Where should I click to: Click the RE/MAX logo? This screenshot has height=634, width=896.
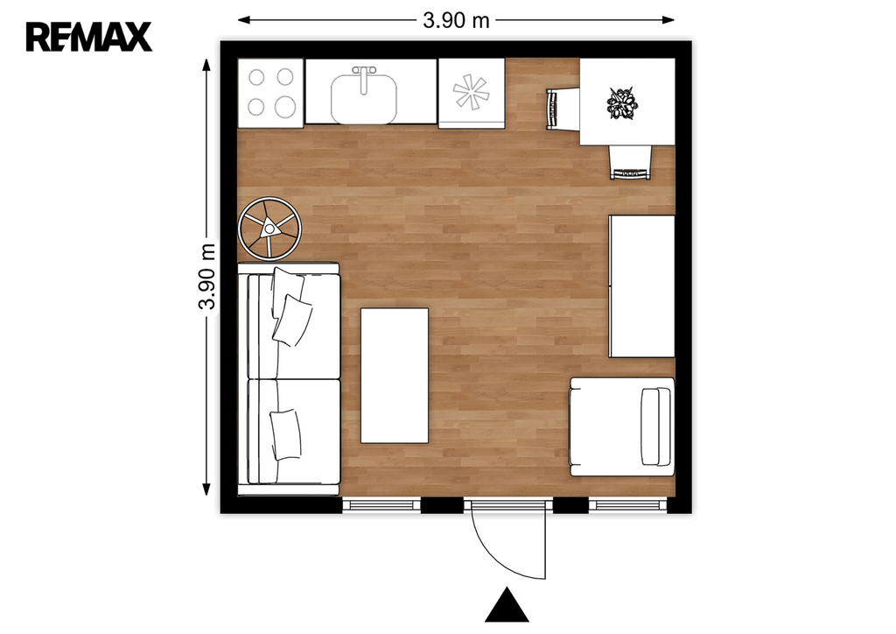click(x=89, y=37)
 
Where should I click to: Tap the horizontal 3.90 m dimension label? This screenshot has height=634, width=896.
click(x=456, y=21)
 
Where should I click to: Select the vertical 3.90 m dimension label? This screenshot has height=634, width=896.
click(x=206, y=277)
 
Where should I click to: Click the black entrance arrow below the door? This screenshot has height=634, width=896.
click(x=507, y=605)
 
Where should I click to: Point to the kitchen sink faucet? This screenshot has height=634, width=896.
click(x=364, y=78)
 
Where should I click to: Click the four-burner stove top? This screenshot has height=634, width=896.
click(x=270, y=93)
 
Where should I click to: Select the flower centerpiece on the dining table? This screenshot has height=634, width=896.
click(x=622, y=103)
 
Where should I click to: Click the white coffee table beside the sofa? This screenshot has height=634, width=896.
click(x=395, y=376)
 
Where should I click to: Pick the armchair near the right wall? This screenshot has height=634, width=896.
click(x=622, y=426)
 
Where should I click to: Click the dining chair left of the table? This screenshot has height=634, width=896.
click(x=563, y=109)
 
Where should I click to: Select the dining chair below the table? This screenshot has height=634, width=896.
click(x=631, y=162)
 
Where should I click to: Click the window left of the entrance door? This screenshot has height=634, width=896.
click(x=381, y=504)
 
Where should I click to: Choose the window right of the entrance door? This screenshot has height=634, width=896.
click(x=627, y=504)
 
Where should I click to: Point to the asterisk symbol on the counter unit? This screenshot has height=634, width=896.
click(x=471, y=91)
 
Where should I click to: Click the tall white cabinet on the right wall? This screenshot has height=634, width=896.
click(x=641, y=285)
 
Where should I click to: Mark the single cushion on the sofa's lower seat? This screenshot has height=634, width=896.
click(x=286, y=434)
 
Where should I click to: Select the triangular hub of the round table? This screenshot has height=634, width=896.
click(x=269, y=229)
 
